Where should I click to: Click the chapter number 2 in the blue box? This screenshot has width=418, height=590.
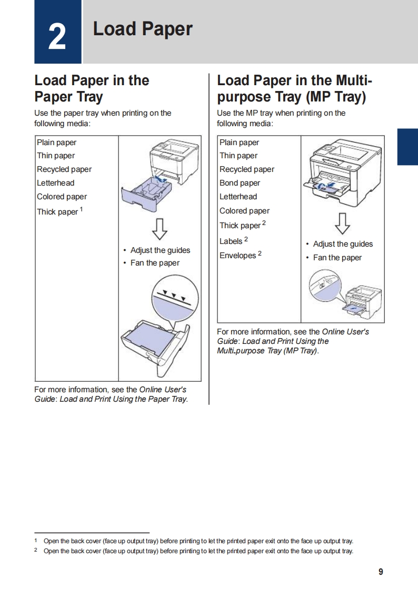57,37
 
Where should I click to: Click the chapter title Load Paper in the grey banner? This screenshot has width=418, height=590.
143,29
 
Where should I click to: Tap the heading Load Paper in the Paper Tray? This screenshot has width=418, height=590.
92,88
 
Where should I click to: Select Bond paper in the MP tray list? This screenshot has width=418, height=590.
240,183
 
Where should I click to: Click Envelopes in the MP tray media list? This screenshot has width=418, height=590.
237,256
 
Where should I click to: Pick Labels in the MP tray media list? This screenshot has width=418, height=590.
231,241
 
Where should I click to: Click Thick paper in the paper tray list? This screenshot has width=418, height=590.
57,212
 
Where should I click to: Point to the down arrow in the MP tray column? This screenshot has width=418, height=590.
342,223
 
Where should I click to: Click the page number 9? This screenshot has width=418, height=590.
381,572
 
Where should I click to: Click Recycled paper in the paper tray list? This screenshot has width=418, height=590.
64,169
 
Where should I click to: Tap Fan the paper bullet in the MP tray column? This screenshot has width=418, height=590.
337,258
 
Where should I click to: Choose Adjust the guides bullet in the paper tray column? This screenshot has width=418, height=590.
160,250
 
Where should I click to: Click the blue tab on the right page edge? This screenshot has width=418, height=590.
407,147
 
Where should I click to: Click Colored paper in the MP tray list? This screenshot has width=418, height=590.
244,211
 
